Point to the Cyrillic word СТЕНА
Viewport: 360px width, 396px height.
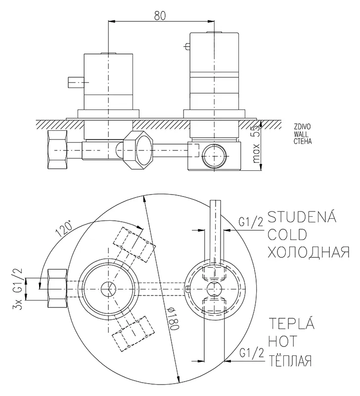click(302, 141)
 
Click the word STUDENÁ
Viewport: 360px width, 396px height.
click(302, 217)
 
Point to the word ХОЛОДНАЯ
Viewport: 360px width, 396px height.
click(308, 252)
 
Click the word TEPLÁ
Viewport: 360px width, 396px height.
click(291, 325)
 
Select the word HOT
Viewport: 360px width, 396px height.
click(284, 342)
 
